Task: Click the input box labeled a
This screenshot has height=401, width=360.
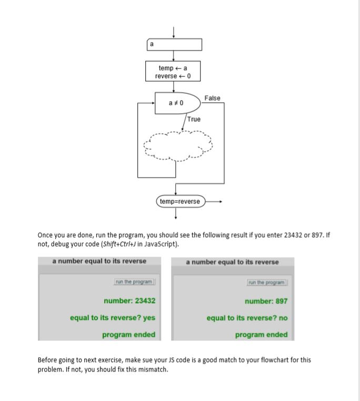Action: coord(174,45)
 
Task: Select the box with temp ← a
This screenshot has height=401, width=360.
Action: coord(173,72)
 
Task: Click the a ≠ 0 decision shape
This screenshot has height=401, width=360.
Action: coord(177,102)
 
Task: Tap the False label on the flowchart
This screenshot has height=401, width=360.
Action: coord(213,98)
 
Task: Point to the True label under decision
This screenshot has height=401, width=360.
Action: coord(194,119)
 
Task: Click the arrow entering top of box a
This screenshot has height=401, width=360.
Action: coord(174,32)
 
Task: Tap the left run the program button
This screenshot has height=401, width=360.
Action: coord(134,282)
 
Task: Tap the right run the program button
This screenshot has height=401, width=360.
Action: coord(267,282)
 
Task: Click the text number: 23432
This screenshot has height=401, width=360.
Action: coord(129,301)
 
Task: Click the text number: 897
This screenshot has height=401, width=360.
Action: coord(266,301)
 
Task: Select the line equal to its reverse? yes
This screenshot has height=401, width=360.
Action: coord(113,318)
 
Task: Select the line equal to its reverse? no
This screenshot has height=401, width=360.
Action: coord(247,318)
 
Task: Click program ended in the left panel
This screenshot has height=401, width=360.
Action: coord(128,335)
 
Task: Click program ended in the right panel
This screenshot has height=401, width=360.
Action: coord(261,335)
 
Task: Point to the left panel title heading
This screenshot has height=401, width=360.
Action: coord(99,261)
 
